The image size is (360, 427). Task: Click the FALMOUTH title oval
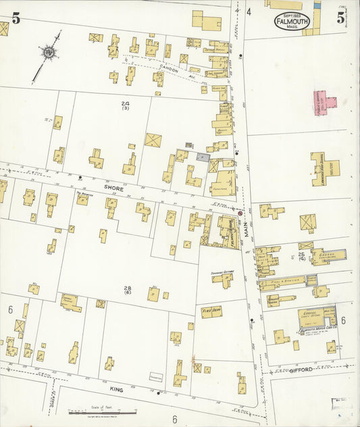(x=292, y=22)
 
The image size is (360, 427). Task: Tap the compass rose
(x=48, y=53)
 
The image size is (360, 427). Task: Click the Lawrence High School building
(x=324, y=167)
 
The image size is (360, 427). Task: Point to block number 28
(x=127, y=289)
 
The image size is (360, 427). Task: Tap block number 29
(x=124, y=104)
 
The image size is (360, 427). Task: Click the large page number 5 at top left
(x=16, y=19)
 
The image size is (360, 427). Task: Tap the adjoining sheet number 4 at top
(x=249, y=11)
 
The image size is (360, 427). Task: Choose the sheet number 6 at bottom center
(x=174, y=420)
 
